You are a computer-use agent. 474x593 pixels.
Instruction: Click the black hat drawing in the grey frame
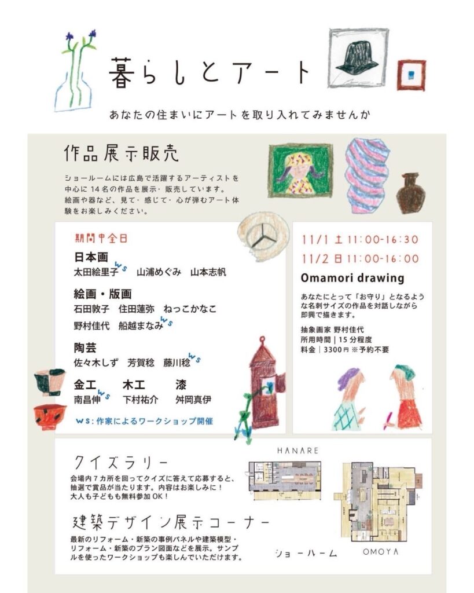tap(358, 57)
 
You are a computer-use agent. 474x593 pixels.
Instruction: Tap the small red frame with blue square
tap(411, 75)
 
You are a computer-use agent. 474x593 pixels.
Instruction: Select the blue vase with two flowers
tap(76, 72)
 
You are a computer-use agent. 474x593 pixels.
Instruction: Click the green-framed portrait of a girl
tap(300, 170)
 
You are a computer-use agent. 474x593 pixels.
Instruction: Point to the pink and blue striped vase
tap(367, 175)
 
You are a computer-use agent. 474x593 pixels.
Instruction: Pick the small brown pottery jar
tap(410, 193)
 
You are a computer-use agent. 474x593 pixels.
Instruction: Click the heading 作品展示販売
tap(121, 153)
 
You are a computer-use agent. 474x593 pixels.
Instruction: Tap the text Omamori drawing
tap(352, 278)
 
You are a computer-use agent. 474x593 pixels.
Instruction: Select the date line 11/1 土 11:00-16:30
tap(360, 239)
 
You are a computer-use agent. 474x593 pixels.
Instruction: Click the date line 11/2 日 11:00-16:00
tap(360, 259)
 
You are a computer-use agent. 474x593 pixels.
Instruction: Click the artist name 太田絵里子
tap(96, 272)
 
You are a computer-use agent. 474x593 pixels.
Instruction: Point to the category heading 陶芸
tap(85, 347)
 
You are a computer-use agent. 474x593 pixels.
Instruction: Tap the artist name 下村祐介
tap(140, 400)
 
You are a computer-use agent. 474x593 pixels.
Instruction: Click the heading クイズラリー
tap(120, 462)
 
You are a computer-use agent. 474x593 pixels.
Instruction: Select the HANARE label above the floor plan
tap(298, 451)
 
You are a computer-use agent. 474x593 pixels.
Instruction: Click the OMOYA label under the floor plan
tap(381, 552)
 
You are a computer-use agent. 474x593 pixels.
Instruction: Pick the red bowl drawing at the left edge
tap(50, 417)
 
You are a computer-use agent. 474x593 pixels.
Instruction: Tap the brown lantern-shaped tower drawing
tap(264, 383)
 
